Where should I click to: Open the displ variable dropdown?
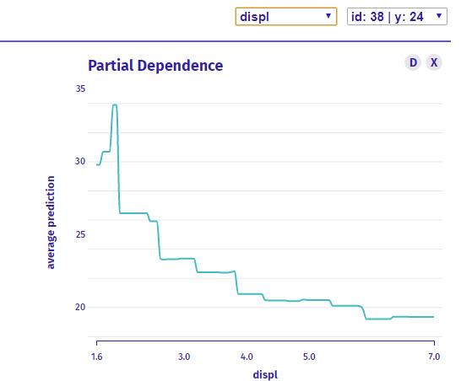[x=286, y=17]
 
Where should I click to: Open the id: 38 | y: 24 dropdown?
[x=397, y=17]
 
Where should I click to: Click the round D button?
[x=413, y=62]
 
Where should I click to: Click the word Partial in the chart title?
[x=111, y=66]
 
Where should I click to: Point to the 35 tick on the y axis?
[x=80, y=89]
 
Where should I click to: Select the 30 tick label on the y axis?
[x=80, y=161]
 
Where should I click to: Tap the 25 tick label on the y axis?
[x=80, y=234]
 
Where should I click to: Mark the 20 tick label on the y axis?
[x=80, y=307]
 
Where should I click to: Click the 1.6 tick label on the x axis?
[x=97, y=357]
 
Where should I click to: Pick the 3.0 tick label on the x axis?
[x=184, y=357]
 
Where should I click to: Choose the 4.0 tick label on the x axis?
[x=247, y=357]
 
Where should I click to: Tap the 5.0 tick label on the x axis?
[x=309, y=357]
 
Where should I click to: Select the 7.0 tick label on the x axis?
[x=434, y=357]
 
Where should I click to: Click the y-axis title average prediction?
[x=51, y=223]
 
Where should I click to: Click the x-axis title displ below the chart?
[x=265, y=375]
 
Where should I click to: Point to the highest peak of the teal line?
[x=115, y=105]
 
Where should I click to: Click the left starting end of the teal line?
[x=97, y=164]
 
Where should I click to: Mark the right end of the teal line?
[x=434, y=317]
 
